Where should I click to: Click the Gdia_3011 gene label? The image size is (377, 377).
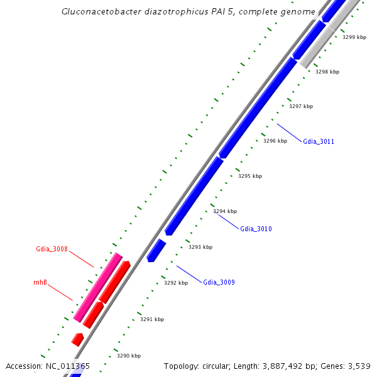[319, 141]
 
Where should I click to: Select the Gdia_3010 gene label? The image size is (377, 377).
[256, 229]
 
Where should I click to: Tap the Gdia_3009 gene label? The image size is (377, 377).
[219, 283]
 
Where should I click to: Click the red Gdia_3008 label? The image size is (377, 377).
[52, 249]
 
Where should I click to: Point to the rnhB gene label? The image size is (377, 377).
[40, 283]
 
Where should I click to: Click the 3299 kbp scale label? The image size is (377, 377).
[354, 38]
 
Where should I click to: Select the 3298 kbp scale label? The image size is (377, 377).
[327, 72]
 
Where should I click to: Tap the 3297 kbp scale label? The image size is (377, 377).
[300, 107]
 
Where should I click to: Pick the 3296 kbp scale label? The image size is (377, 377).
[275, 141]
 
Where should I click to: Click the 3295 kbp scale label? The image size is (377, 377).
[249, 177]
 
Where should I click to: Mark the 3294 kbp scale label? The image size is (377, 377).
[225, 212]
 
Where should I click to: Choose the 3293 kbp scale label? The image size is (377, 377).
[200, 248]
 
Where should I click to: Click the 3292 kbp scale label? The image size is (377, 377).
[176, 283]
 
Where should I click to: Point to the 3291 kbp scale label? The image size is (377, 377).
[151, 320]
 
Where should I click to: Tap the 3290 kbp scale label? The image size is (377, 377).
[128, 356]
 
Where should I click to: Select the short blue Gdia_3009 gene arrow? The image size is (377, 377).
[156, 250]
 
